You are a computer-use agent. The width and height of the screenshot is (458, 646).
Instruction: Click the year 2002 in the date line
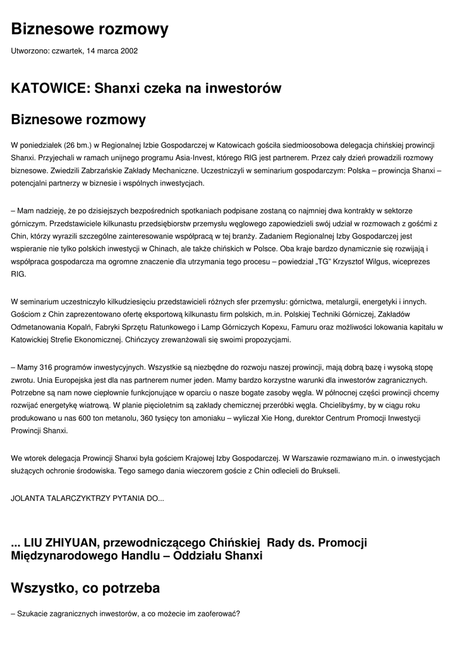(x=128, y=50)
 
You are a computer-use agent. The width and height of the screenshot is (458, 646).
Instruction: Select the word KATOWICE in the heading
(x=49, y=88)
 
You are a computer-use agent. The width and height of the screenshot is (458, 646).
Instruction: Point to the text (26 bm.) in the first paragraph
(x=78, y=145)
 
